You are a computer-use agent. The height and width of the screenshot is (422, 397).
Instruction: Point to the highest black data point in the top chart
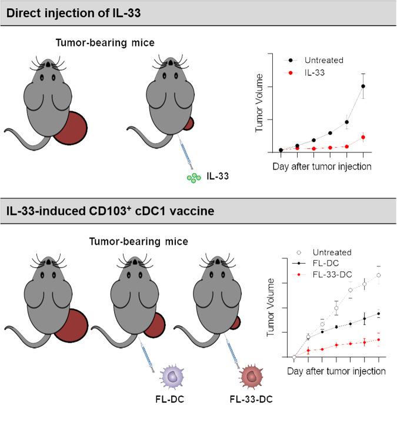coord(363,86)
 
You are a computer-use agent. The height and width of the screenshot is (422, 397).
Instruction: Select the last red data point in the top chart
coord(363,137)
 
